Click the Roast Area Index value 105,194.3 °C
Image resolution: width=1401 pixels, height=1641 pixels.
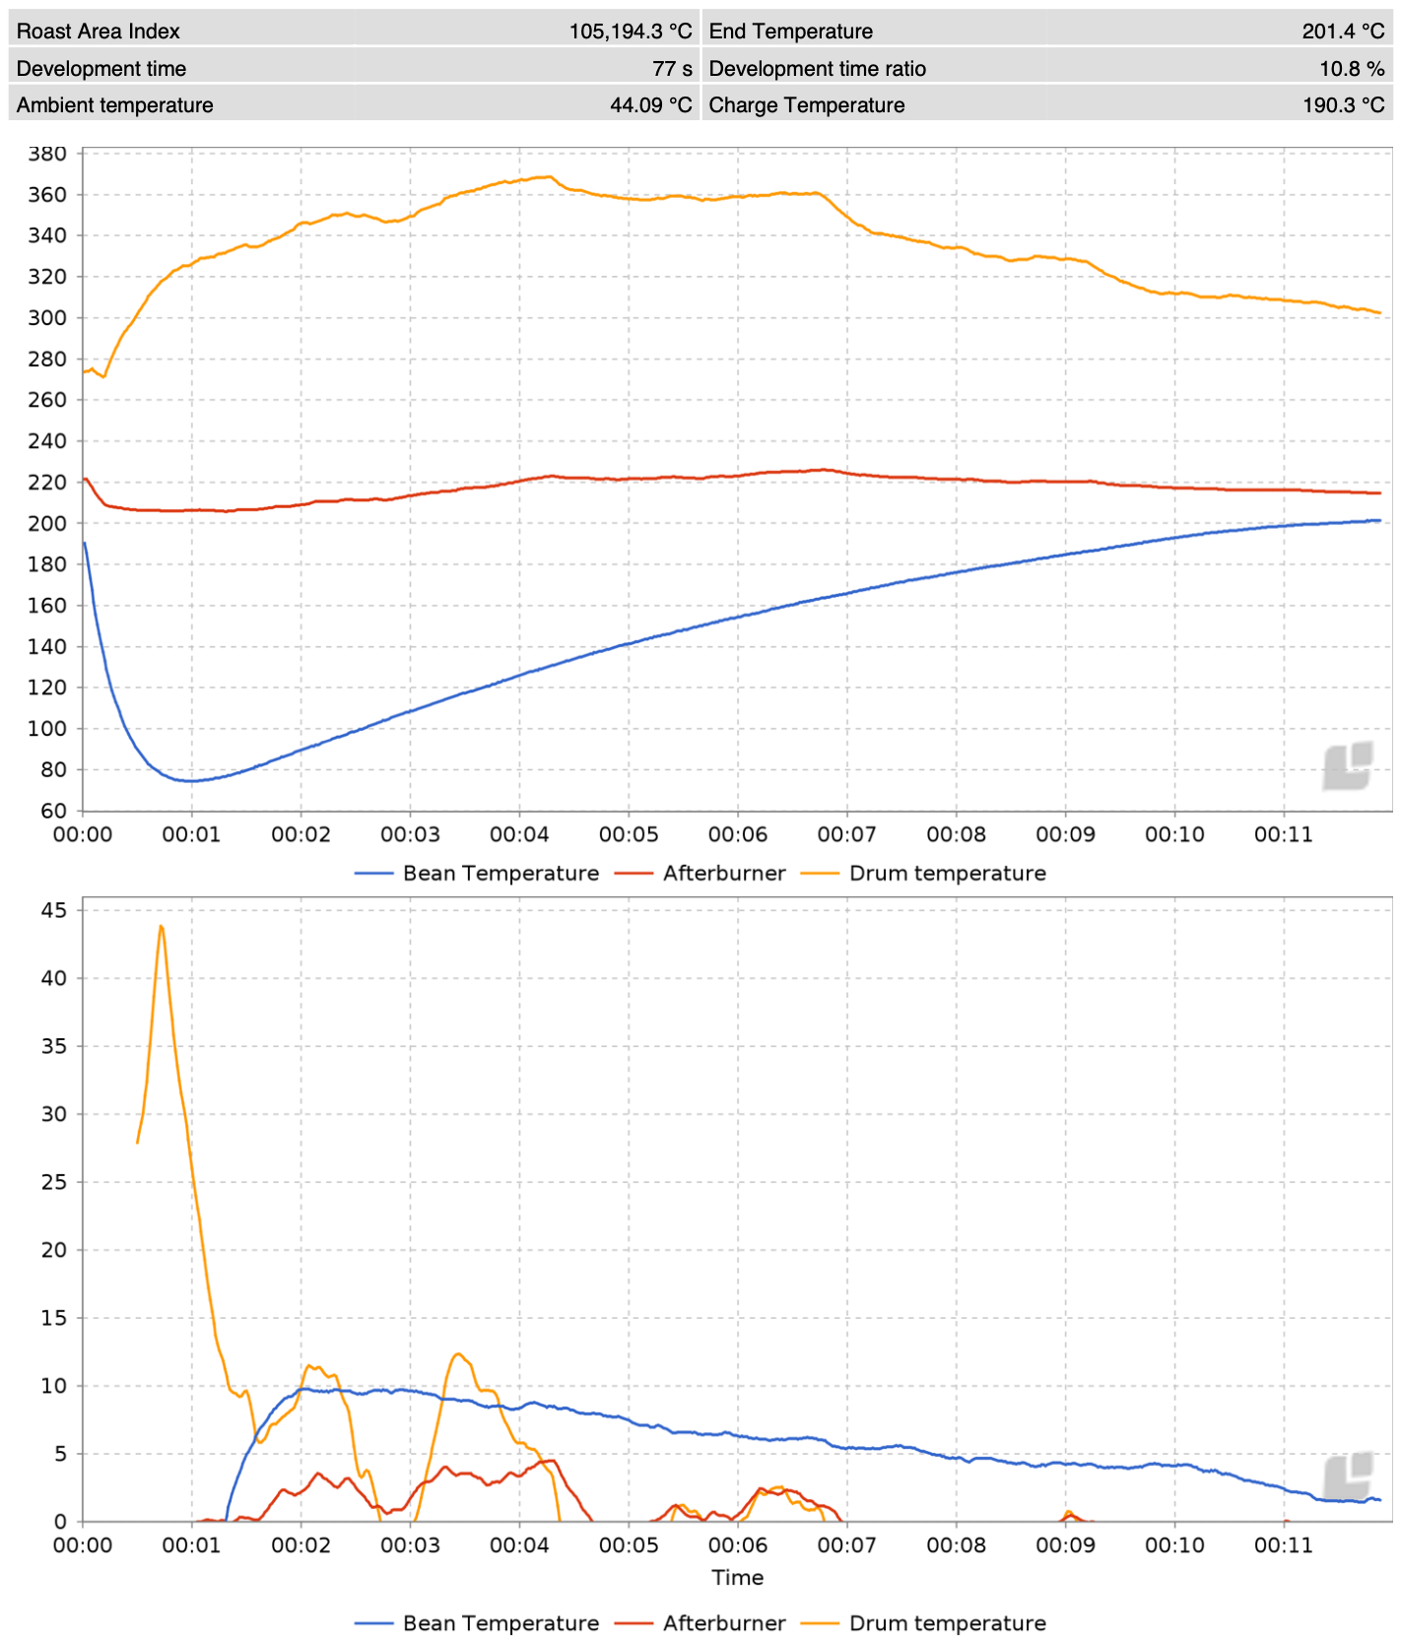(630, 31)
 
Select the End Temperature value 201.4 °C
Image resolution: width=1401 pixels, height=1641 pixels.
(1343, 31)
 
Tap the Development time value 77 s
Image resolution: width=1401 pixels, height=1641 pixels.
(672, 68)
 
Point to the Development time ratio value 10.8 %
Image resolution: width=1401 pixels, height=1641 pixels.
(1352, 68)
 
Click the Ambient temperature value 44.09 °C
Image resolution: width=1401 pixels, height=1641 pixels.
(650, 104)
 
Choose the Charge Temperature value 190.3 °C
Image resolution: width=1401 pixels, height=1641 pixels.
(1343, 104)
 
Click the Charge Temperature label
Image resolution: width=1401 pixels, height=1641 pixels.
(806, 104)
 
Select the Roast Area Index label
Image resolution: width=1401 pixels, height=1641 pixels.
(98, 31)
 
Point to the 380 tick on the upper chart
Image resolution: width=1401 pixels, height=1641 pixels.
(47, 154)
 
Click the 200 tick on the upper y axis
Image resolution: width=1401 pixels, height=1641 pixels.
(47, 523)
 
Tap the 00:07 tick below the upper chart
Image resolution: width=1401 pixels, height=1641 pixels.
(846, 834)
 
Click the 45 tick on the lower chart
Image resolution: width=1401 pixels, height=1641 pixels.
(54, 910)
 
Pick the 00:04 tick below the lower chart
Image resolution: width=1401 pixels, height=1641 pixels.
(519, 1544)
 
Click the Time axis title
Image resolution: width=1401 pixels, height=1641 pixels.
(737, 1577)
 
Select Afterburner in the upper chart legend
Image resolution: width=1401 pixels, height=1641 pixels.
(723, 873)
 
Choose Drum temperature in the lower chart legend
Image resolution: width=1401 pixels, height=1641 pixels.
(947, 1622)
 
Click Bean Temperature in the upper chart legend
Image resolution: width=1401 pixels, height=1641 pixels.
(500, 873)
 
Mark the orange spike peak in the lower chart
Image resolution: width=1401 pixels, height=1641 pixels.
(161, 926)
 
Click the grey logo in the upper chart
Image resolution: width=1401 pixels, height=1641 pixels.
(1348, 766)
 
